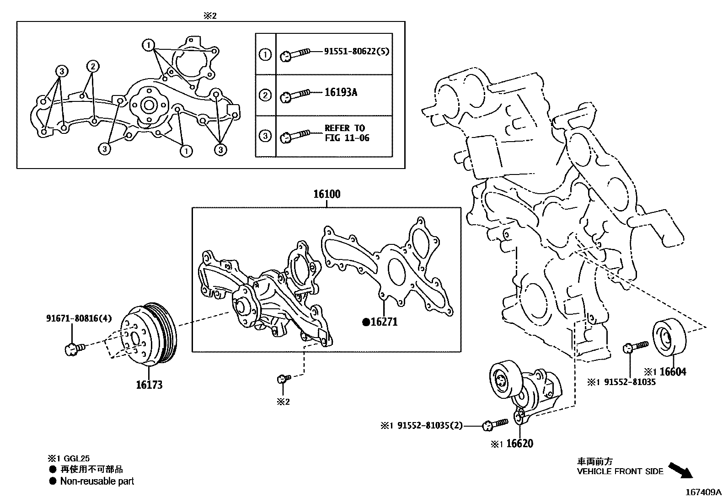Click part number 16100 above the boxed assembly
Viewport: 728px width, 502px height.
pos(327,194)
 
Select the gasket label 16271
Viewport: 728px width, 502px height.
pos(384,322)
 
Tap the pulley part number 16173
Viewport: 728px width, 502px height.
pos(149,385)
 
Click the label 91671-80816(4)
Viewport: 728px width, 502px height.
pos(79,318)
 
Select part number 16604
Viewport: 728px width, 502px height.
pos(673,372)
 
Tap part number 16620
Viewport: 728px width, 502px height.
pos(519,444)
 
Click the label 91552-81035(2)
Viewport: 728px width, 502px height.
pos(429,426)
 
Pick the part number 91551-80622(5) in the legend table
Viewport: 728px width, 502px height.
pos(357,52)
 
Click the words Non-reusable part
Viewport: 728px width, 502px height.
pos(97,481)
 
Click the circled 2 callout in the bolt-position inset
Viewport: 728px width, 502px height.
pos(92,67)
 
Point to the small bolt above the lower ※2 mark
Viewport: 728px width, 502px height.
pos(283,378)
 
